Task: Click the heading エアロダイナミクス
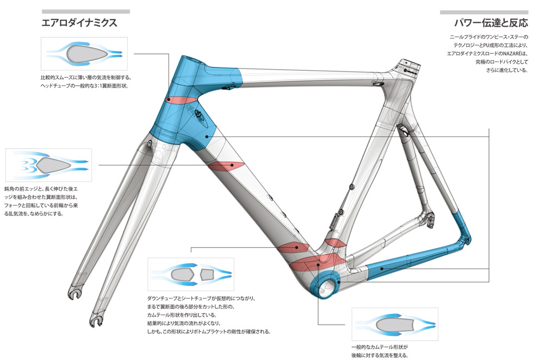click(79, 23)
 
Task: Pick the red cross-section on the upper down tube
click(224, 166)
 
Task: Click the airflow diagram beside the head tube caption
click(84, 53)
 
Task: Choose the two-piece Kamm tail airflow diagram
click(190, 275)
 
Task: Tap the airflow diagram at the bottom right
click(394, 324)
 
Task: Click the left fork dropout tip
click(75, 294)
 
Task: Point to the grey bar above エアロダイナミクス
click(85, 11)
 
